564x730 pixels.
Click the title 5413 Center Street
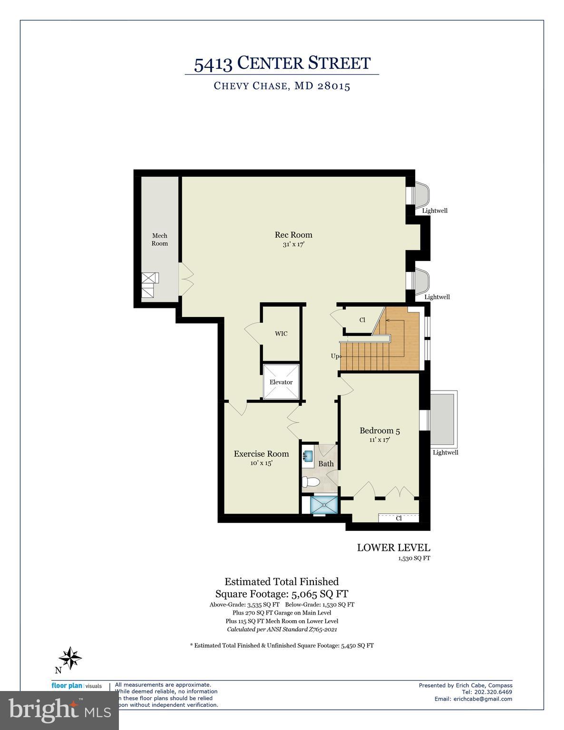pos(282,63)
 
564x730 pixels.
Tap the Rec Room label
pos(293,235)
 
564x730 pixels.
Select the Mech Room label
pos(160,240)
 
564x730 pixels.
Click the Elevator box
pos(281,382)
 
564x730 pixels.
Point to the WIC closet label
pos(281,334)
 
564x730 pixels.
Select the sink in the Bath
pos(308,457)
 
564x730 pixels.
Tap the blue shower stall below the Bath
pos(323,505)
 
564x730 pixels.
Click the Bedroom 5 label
pos(379,431)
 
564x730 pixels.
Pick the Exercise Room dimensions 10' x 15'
pos(261,463)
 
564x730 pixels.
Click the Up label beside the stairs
pos(335,356)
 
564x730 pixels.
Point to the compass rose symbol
pos(70,658)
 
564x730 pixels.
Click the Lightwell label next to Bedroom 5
pos(445,452)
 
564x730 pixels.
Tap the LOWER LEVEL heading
pos(393,548)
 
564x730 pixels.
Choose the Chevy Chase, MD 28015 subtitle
pos(282,86)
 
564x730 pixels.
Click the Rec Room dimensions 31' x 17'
pos(293,244)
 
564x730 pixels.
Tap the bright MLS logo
pos(59,711)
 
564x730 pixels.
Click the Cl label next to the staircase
pos(362,320)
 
